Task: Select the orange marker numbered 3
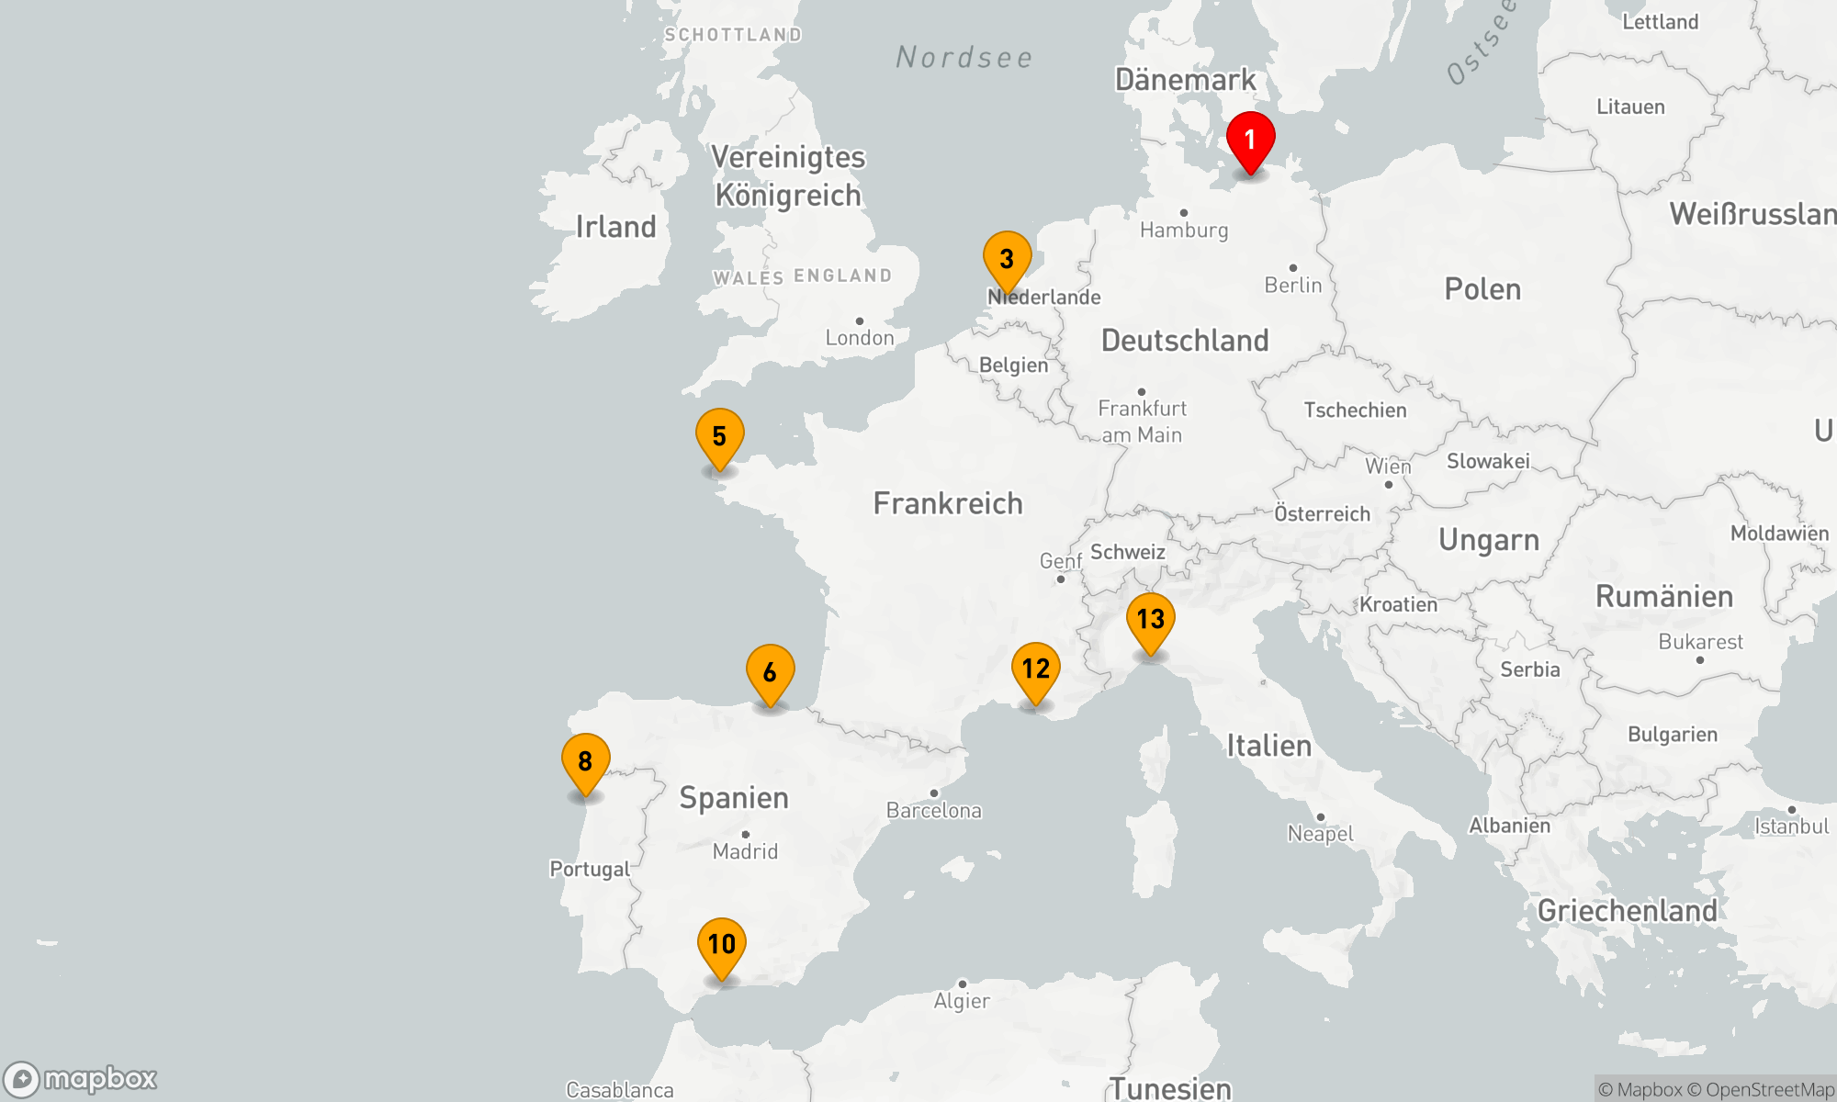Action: [1007, 260]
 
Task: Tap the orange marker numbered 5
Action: [719, 437]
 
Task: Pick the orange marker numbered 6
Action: [770, 673]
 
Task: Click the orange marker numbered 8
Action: [585, 762]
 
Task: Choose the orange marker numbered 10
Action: [721, 946]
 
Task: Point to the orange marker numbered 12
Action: [1035, 670]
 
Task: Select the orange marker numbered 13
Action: [1150, 621]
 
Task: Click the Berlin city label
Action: [1293, 285]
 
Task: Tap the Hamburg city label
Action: [1184, 230]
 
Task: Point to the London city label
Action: [860, 337]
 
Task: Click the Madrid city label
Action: [745, 851]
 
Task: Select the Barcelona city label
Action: [934, 810]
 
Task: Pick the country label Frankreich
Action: [948, 503]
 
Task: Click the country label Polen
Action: [1482, 289]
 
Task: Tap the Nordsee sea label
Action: [964, 58]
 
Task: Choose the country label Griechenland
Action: [1627, 910]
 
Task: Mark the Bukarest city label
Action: [1700, 642]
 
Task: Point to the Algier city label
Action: [962, 1000]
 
